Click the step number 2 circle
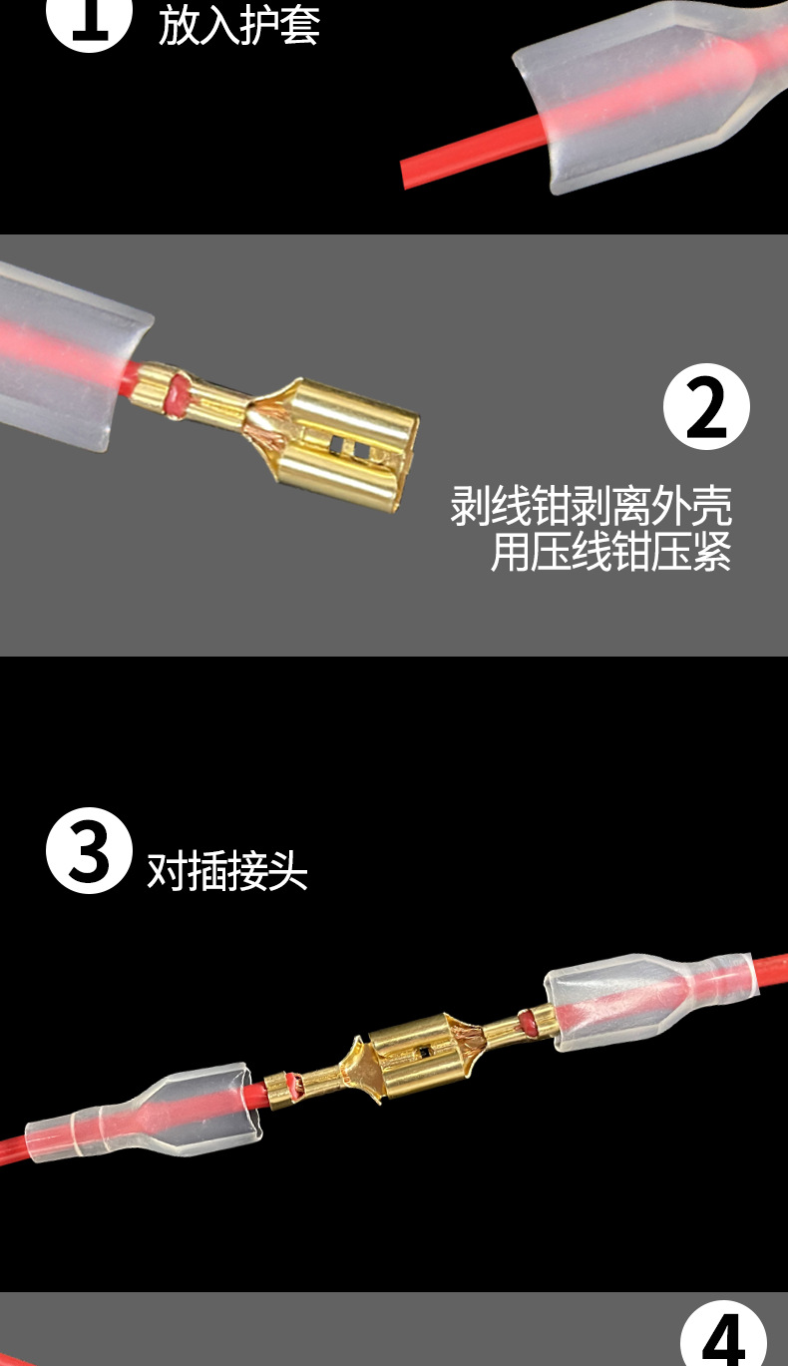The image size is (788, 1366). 706,406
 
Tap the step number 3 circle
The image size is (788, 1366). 89,850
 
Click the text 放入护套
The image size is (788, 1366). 239,26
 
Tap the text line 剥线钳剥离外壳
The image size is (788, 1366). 591,507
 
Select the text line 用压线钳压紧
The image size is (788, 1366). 610,552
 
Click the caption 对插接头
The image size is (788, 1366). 227,871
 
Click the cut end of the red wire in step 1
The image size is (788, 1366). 407,173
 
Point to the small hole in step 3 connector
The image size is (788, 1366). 427,1051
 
